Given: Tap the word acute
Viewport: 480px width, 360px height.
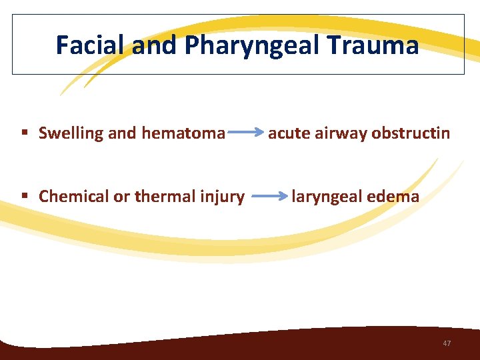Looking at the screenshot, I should tap(288, 133).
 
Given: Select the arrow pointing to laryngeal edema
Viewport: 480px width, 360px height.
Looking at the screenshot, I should tap(269, 197).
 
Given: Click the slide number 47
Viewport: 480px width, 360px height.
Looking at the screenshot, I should tap(447, 343).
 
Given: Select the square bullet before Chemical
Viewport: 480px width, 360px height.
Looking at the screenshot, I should tap(25, 197).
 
